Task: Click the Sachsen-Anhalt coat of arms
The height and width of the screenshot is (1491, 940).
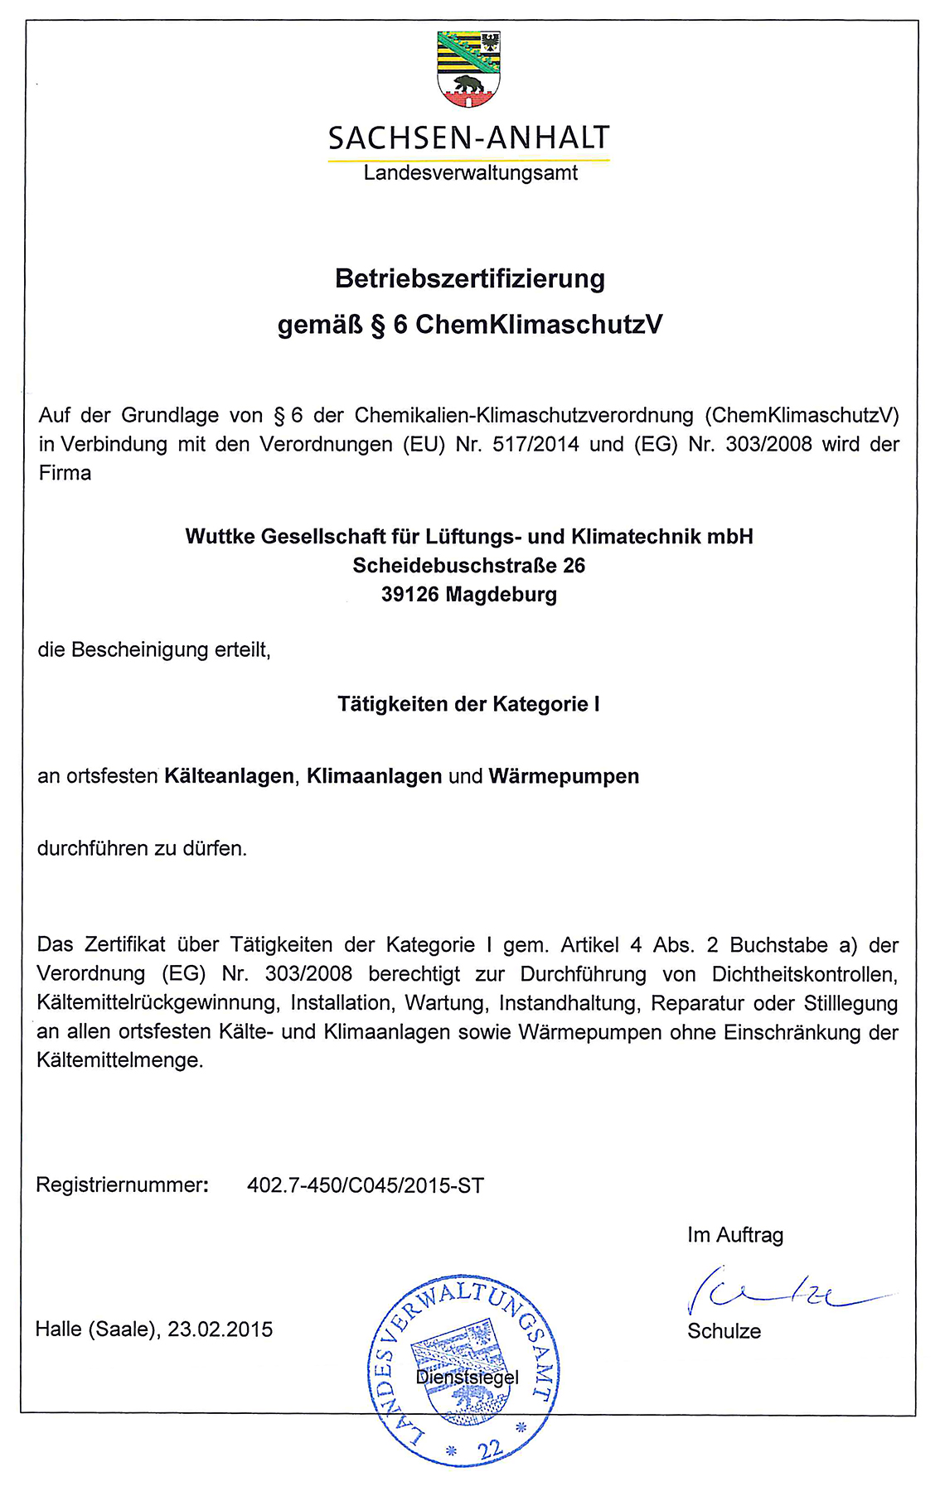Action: click(469, 70)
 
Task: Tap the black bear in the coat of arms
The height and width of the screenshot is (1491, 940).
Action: click(468, 84)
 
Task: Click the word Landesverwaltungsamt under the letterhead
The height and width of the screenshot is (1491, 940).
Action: click(470, 173)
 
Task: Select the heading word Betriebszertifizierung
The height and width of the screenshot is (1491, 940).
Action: click(470, 278)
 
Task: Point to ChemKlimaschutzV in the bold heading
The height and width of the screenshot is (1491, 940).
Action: click(539, 324)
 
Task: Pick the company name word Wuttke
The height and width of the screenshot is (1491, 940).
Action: click(219, 537)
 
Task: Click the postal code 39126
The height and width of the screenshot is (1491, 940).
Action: click(409, 595)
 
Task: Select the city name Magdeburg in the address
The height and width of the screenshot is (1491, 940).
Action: click(501, 595)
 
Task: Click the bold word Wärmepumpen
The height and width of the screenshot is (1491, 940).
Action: click(564, 776)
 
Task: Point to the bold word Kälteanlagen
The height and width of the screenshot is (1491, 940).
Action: click(229, 776)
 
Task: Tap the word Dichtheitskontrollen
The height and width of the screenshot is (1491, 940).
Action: click(804, 974)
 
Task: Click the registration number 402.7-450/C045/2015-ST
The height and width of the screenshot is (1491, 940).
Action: click(366, 1185)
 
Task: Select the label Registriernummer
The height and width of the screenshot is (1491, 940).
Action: click(121, 1185)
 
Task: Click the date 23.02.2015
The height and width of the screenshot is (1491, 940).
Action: click(220, 1329)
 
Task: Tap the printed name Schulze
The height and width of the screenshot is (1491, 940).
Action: click(724, 1331)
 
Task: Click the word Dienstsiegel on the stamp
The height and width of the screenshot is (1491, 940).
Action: click(468, 1378)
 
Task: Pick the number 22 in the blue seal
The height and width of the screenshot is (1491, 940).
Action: click(491, 1449)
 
